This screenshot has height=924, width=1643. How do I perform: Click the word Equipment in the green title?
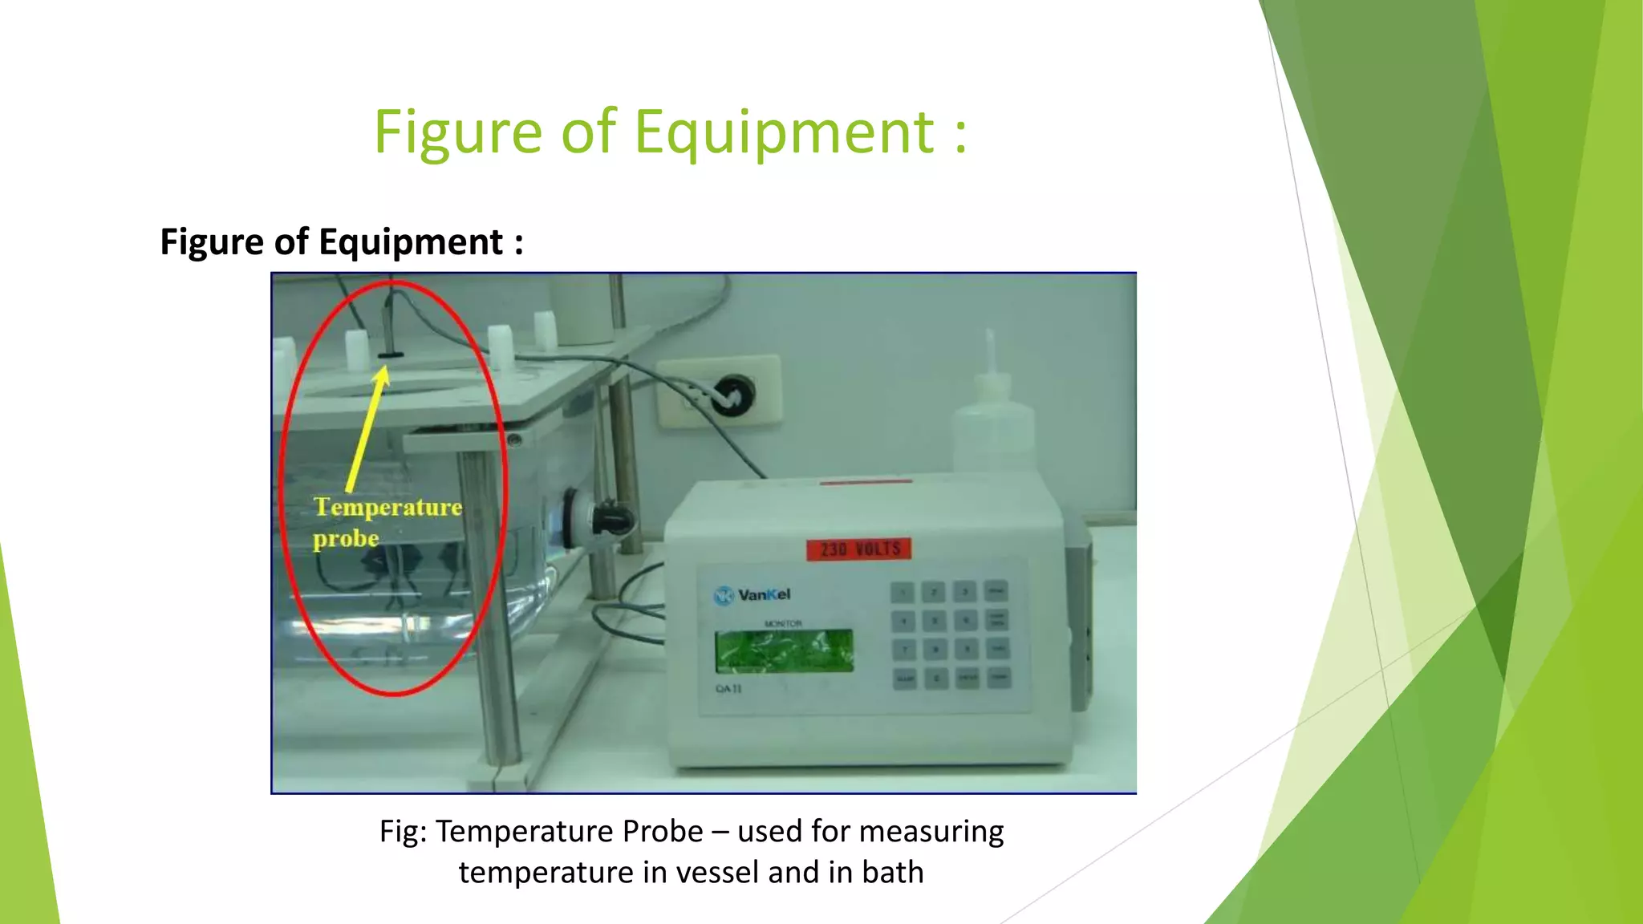click(x=784, y=132)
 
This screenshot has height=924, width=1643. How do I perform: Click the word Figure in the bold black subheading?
click(x=211, y=242)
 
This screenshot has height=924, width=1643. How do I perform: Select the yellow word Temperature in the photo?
click(x=387, y=507)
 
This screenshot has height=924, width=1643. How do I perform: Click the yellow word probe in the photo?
click(x=346, y=538)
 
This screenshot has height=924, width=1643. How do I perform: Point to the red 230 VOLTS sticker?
click(x=859, y=549)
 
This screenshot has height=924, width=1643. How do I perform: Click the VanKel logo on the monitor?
click(x=752, y=595)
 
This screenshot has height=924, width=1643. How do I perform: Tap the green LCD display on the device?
click(x=784, y=650)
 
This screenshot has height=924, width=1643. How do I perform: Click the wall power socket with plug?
click(x=731, y=394)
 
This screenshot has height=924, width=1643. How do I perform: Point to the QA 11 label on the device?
click(x=728, y=689)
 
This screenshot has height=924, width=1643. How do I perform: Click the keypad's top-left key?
click(x=903, y=593)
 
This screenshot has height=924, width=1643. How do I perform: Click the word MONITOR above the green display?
click(x=783, y=623)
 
